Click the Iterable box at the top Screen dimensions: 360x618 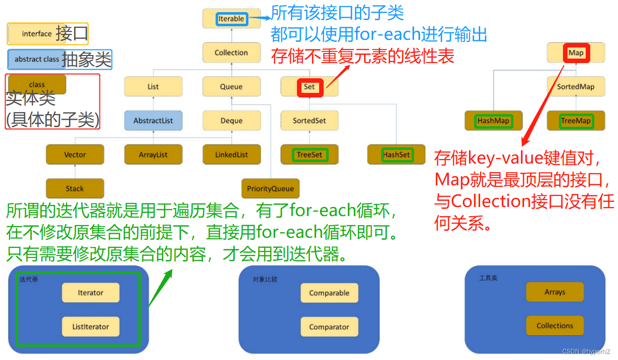coord(231,19)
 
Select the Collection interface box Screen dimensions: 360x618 coord(231,53)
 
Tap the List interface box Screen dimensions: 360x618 coord(153,87)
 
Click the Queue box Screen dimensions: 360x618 coord(231,87)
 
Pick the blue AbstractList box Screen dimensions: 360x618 coord(153,121)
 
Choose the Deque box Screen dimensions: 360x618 coord(231,121)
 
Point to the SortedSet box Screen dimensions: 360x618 coord(310,121)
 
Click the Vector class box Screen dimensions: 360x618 coord(75,155)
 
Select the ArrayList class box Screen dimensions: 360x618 coord(153,155)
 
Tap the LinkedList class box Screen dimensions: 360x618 coord(231,155)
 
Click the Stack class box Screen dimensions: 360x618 coord(75,188)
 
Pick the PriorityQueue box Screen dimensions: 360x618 coord(270,188)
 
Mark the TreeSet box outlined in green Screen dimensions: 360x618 coord(310,155)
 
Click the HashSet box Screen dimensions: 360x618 coord(397,155)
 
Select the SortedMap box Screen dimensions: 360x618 coord(576,87)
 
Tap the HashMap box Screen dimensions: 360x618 coord(493,121)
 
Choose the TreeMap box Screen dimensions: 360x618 coord(576,121)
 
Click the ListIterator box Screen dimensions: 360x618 coord(90,327)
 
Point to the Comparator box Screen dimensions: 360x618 coord(329,327)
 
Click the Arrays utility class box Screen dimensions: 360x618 coord(555,292)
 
